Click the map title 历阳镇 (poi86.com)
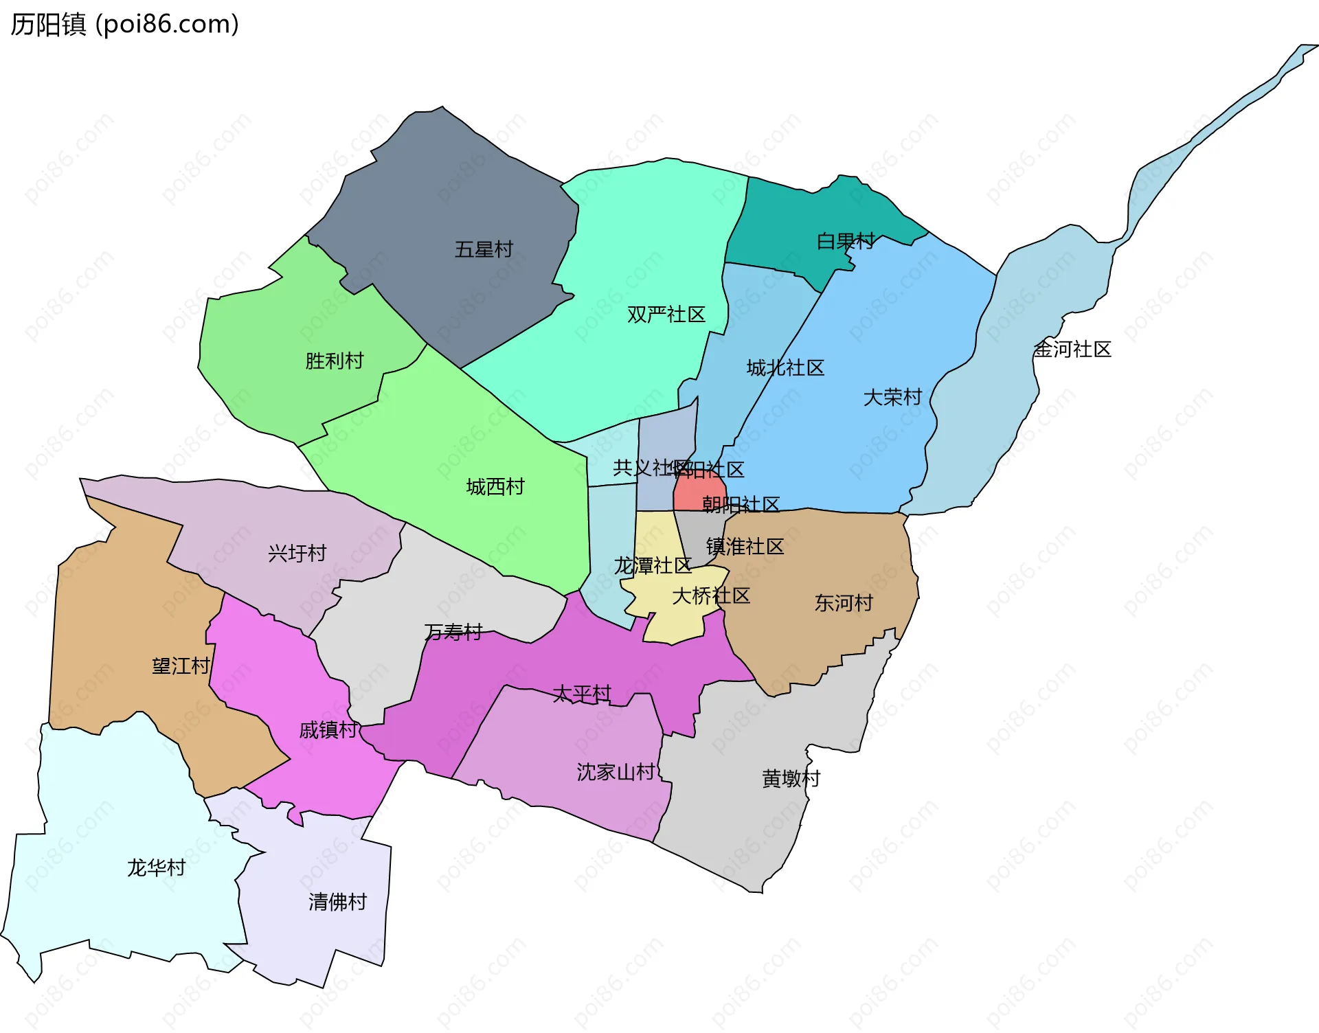click(124, 24)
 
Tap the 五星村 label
click(484, 249)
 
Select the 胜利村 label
click(334, 361)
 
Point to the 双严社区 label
click(666, 315)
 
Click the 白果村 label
click(845, 241)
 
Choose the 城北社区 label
click(785, 368)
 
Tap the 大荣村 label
click(892, 397)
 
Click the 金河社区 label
click(1072, 350)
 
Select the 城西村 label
click(495, 487)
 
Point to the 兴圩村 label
click(297, 554)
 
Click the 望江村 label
click(181, 666)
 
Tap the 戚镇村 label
click(328, 730)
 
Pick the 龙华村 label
click(156, 868)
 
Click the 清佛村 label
click(337, 902)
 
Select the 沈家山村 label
click(616, 772)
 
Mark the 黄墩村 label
click(791, 779)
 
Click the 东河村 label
click(843, 603)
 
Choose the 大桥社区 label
click(710, 595)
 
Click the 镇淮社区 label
click(745, 547)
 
